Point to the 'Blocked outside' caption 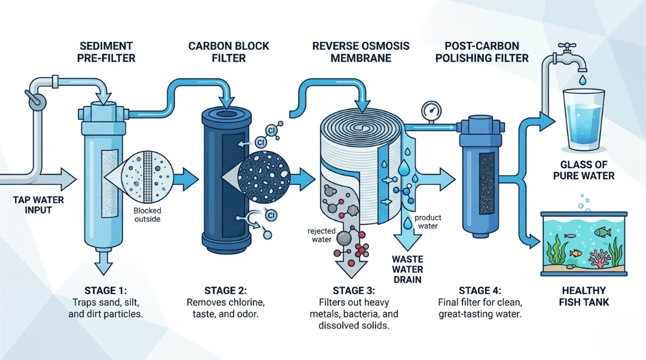click(x=148, y=215)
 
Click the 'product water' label click(x=428, y=222)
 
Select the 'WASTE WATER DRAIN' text click(x=407, y=269)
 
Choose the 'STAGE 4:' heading click(x=479, y=291)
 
